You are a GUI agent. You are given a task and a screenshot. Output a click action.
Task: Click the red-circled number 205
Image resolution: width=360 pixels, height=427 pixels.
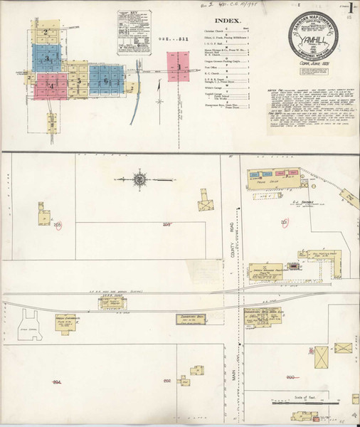pos(58,225)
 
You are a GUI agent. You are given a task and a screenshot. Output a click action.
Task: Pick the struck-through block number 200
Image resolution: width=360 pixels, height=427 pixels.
pos(290,376)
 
